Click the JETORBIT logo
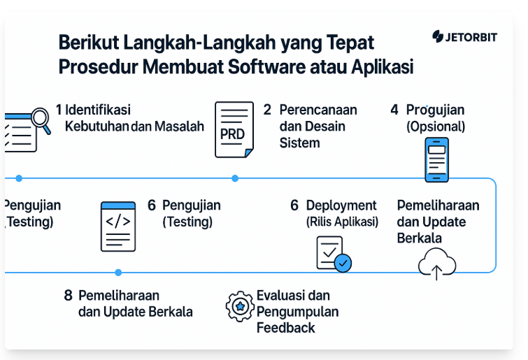pyautogui.click(x=464, y=36)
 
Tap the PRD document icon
pyautogui.click(x=234, y=129)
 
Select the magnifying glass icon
pyautogui.click(x=41, y=120)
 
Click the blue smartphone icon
pyautogui.click(x=437, y=159)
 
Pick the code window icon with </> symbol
pyautogui.click(x=118, y=226)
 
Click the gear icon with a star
pyautogui.click(x=240, y=306)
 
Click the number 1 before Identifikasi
pyautogui.click(x=59, y=110)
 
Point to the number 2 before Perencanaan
pyautogui.click(x=267, y=110)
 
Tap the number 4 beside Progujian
pyautogui.click(x=394, y=110)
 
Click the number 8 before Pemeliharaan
pyautogui.click(x=69, y=296)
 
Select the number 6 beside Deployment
pyautogui.click(x=294, y=206)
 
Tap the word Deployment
pyautogui.click(x=341, y=206)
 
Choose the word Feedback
pyautogui.click(x=286, y=328)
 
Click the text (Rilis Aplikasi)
pyautogui.click(x=342, y=222)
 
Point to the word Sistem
pyautogui.click(x=300, y=143)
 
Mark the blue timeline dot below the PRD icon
pyautogui.click(x=235, y=178)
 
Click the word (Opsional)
pyautogui.click(x=436, y=127)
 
